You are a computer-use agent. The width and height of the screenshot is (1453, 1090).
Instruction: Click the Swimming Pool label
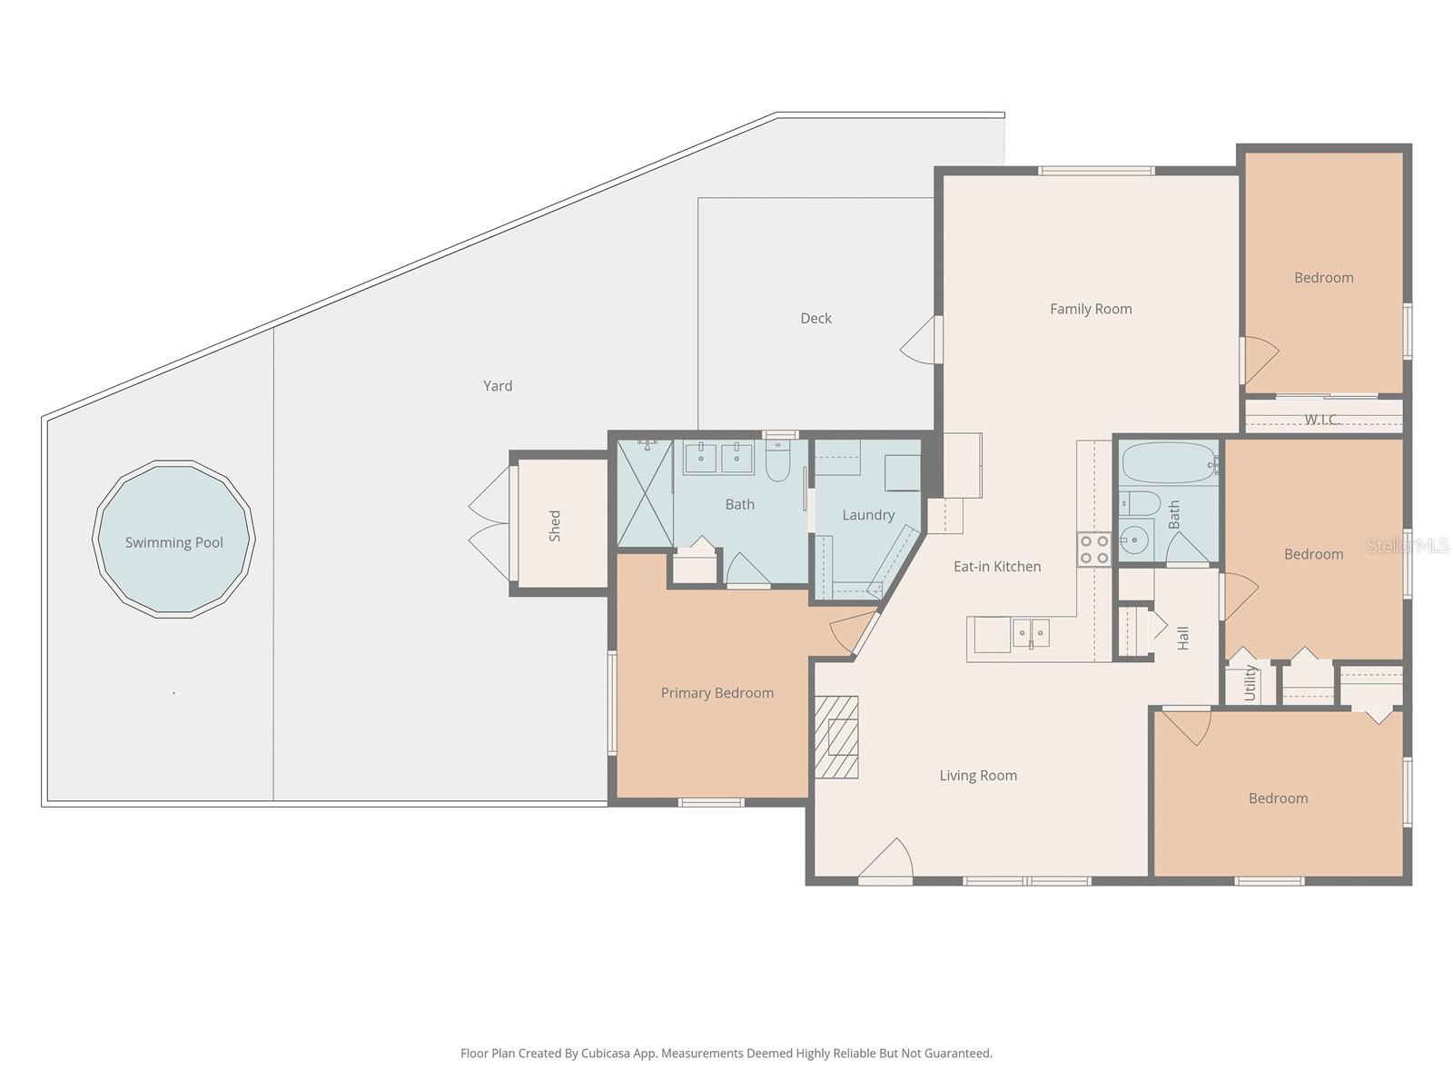pos(174,542)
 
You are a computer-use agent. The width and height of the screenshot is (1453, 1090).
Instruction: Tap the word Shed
pos(555,526)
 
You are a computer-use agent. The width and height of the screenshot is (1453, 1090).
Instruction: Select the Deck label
pos(815,318)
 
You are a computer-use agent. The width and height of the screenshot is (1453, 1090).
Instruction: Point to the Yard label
pos(498,386)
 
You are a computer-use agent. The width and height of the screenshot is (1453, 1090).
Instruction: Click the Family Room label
pos(1091,309)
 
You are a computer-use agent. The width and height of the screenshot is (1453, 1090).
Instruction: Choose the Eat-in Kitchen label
pos(997,567)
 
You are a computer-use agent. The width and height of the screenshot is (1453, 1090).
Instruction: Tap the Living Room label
pos(978,776)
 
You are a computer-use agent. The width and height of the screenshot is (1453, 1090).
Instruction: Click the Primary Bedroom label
pos(717,693)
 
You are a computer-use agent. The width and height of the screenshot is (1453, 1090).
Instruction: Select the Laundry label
pos(868,515)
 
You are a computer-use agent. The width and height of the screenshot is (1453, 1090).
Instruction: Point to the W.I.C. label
pos(1322,419)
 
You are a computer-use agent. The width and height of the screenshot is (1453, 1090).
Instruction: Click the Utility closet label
pos(1250,683)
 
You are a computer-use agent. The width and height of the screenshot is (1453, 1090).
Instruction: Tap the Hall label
pos(1183,638)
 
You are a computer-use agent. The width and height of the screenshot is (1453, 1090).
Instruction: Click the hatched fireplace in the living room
pos(836,737)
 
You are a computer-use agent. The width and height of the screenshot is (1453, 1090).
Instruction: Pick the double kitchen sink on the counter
pos(1031,633)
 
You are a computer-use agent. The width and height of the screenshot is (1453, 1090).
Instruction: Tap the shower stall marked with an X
pos(645,493)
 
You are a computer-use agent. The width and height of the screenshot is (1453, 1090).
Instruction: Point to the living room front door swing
pos(886,860)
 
